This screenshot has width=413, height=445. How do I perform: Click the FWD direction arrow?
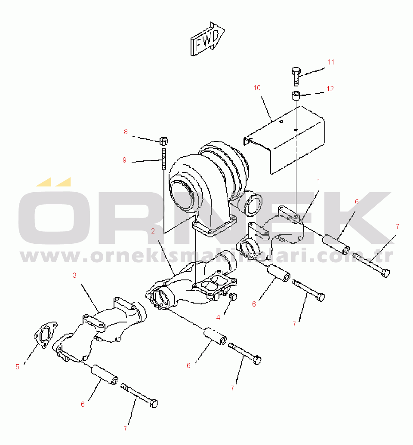click(x=207, y=39)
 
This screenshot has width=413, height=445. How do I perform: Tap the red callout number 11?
click(x=331, y=62)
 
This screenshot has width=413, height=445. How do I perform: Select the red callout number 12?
click(x=330, y=89)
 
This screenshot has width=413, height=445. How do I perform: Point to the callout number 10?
click(x=257, y=88)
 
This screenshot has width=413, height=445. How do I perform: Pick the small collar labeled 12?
click(x=296, y=95)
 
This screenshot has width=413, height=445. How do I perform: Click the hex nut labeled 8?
click(x=163, y=141)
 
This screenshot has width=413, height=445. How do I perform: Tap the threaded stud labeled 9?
click(x=163, y=159)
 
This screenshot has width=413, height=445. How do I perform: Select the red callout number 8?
click(x=126, y=132)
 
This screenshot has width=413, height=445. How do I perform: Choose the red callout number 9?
click(x=124, y=160)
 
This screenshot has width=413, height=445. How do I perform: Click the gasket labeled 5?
click(x=46, y=335)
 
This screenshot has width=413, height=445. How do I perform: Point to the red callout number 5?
click(x=17, y=367)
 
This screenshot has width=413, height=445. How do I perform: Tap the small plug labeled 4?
click(x=233, y=297)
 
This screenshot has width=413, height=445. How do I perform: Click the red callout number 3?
click(x=74, y=275)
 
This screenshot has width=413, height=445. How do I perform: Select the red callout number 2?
click(x=153, y=231)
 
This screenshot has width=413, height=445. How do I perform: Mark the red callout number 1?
click(x=318, y=181)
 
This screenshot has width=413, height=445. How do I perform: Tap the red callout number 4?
click(x=218, y=318)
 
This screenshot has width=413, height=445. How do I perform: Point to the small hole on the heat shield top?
click(x=281, y=122)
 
